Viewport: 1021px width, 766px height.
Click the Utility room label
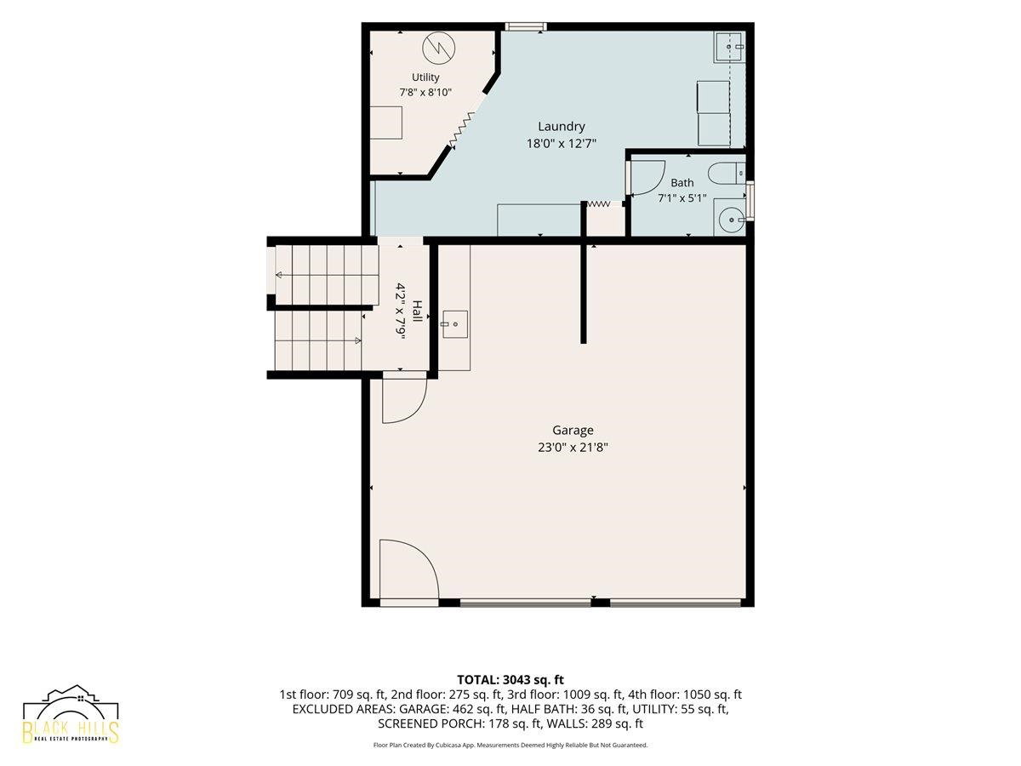tap(425, 77)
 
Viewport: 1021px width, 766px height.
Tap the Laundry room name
tap(561, 127)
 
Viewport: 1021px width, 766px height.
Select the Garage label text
tap(573, 430)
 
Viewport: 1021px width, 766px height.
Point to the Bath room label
tap(682, 183)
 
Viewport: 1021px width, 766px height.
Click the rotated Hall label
tap(417, 312)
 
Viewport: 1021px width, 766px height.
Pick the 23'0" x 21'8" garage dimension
tap(573, 448)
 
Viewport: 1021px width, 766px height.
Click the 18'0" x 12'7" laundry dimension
tap(561, 143)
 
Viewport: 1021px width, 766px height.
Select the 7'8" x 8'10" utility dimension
tap(425, 92)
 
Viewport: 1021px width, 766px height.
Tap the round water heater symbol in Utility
tap(439, 48)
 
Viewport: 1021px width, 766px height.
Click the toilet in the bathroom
tap(727, 173)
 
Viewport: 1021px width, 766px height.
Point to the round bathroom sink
tap(732, 220)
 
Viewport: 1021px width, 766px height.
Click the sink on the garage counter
tap(455, 324)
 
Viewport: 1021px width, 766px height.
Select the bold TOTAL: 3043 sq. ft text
tap(510, 680)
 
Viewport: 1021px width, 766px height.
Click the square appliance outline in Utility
tap(386, 123)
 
